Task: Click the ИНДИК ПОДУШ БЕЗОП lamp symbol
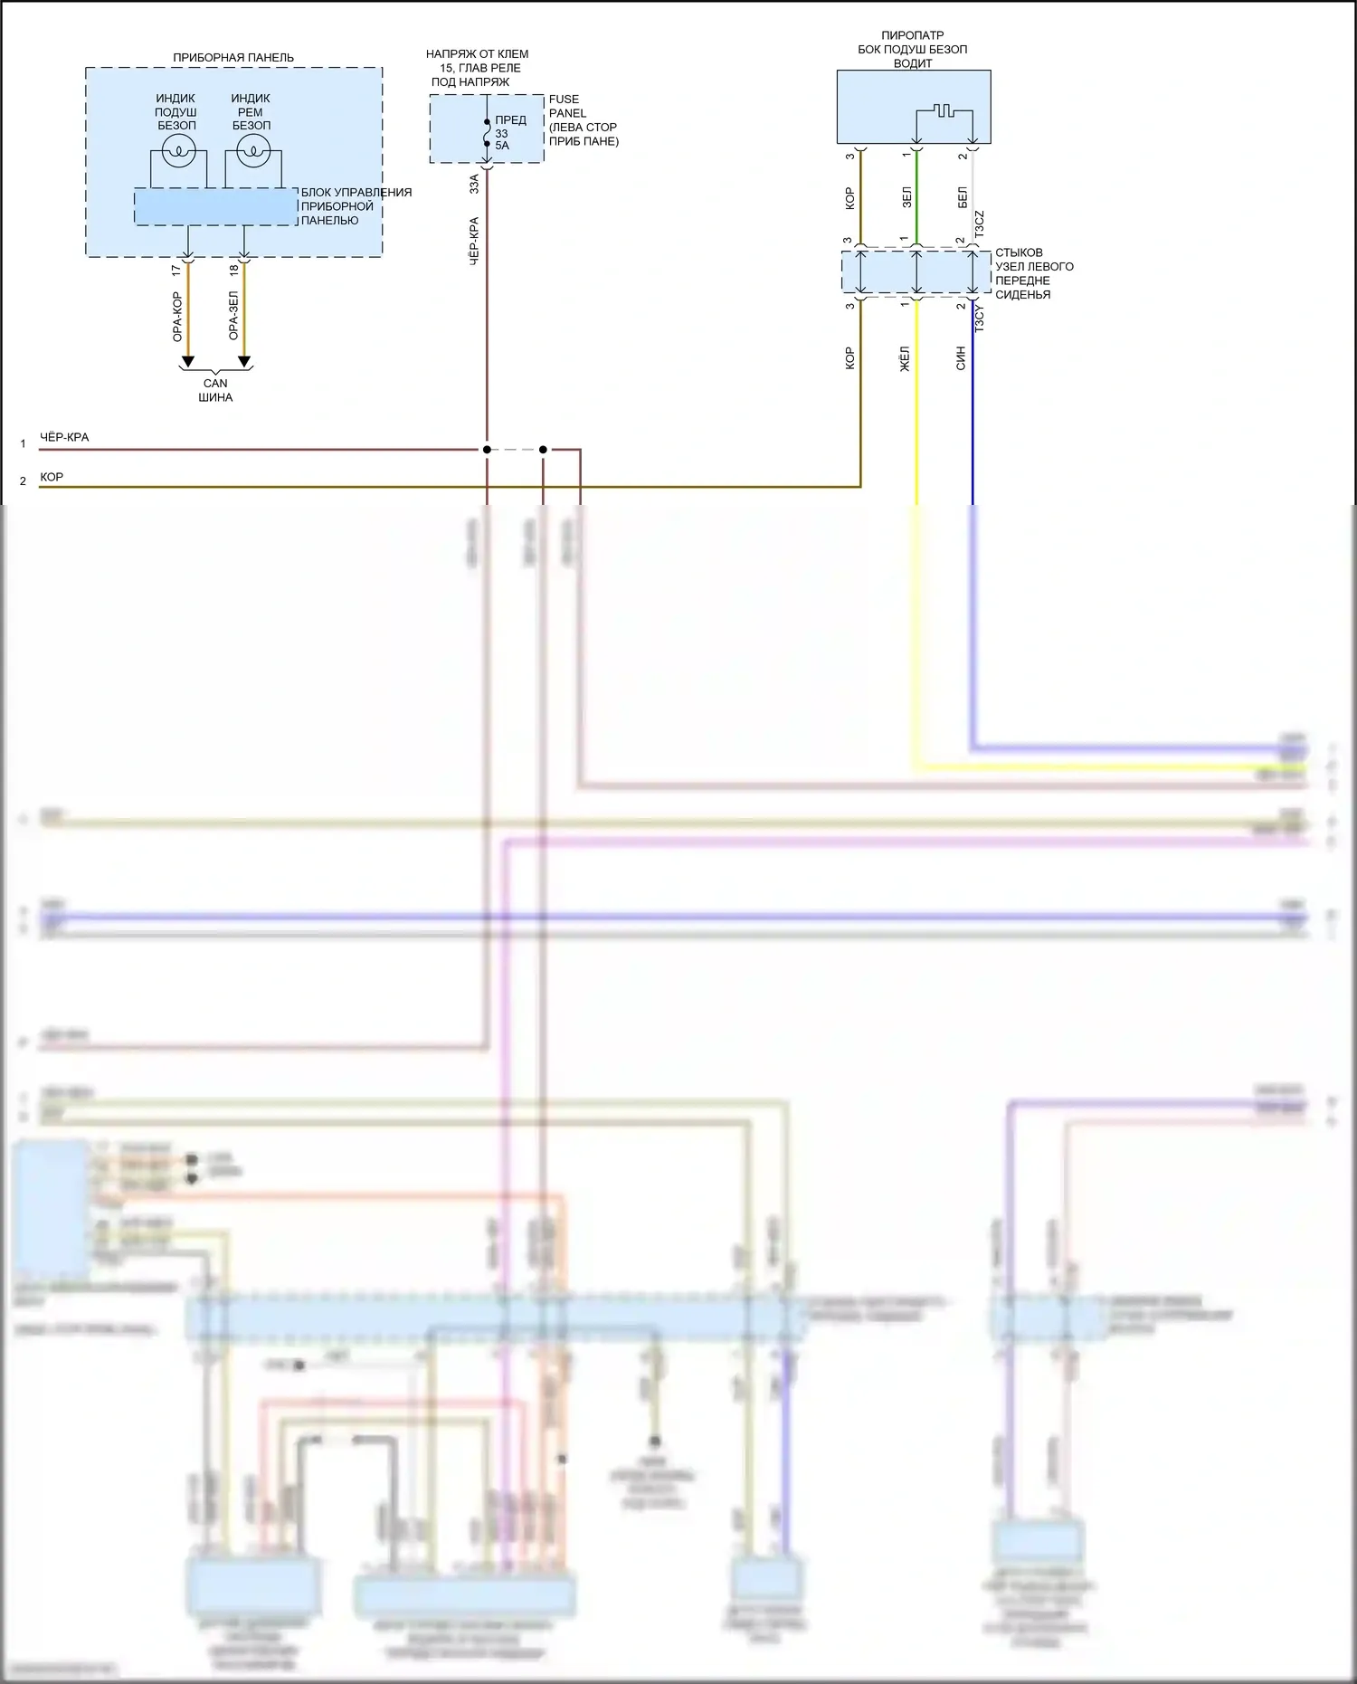179,151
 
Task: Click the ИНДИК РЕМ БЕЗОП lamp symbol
253,151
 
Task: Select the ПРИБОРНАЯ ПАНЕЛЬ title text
233,58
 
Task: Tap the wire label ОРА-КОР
177,316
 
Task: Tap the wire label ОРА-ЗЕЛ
233,316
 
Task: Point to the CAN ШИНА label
215,390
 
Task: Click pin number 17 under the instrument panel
176,270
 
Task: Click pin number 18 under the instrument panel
233,270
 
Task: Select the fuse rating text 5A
502,146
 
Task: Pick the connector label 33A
474,185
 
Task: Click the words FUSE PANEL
566,106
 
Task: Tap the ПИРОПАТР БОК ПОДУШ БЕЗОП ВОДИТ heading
912,49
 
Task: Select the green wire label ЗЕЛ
906,197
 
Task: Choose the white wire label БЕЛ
963,197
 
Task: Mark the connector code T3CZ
980,224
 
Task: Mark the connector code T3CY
980,319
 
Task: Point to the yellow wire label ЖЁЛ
905,358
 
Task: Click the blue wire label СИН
961,358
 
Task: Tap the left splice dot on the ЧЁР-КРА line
487,450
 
